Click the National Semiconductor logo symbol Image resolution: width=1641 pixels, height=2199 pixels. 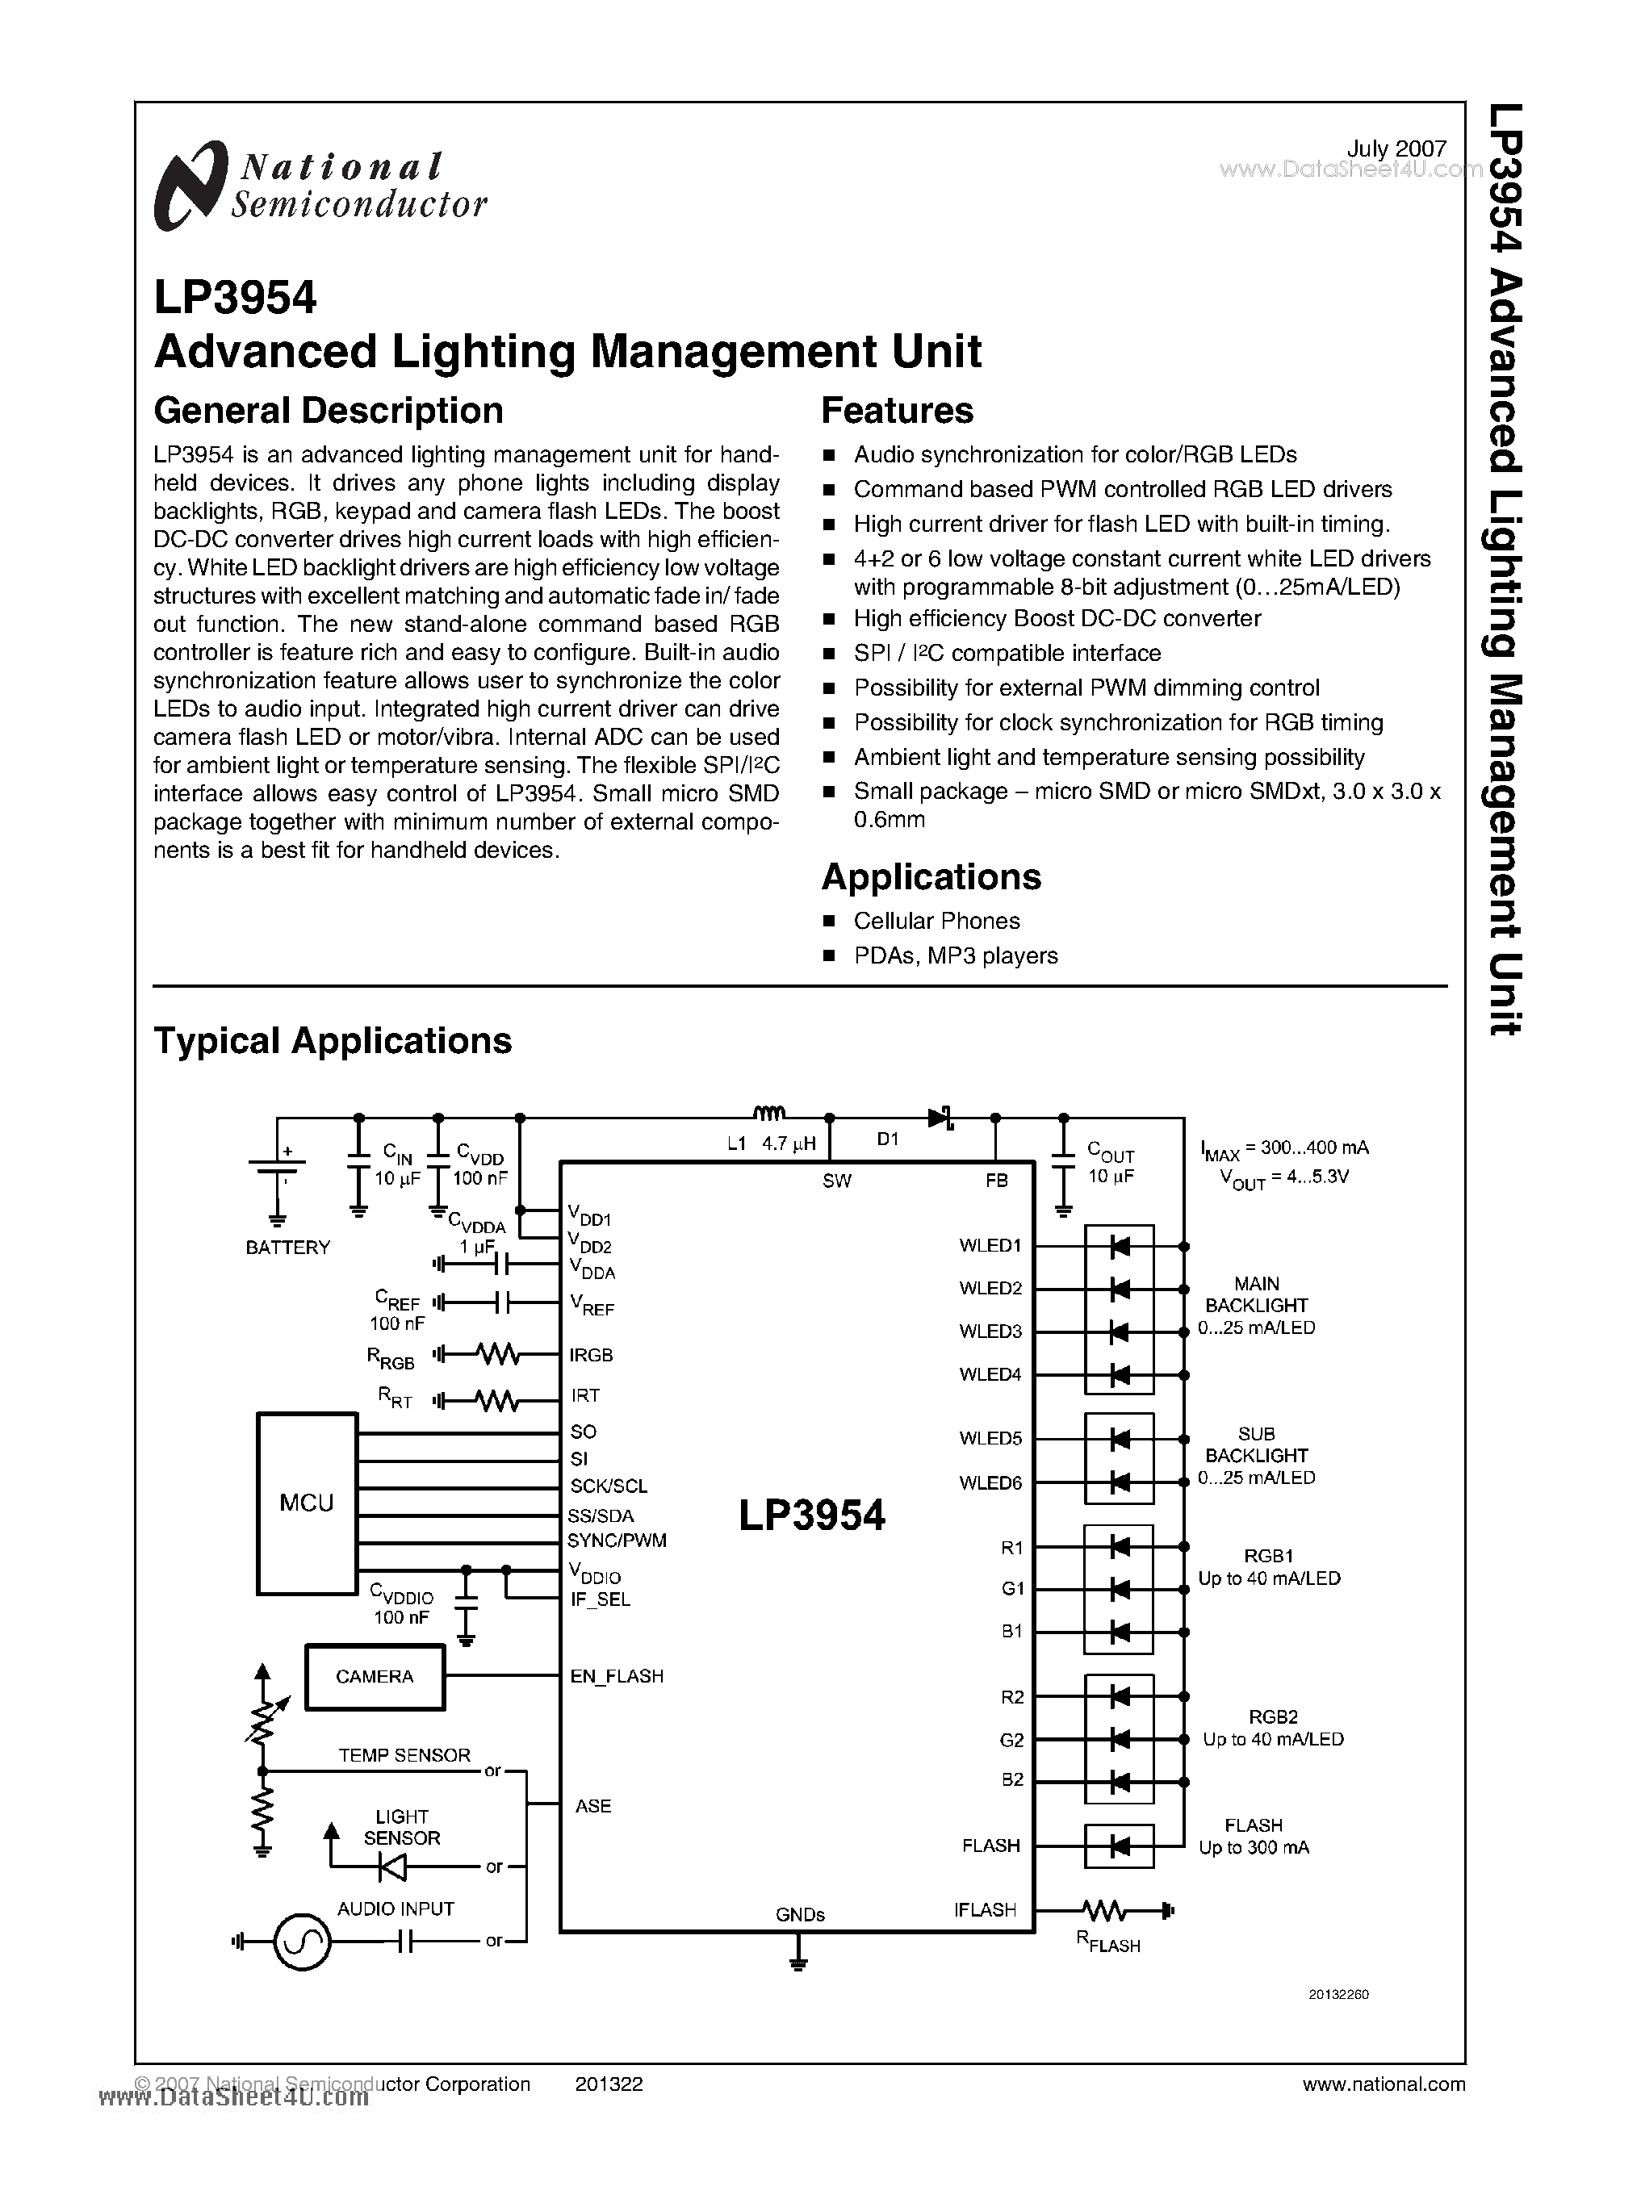pos(188,186)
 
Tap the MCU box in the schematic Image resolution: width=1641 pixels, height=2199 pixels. pos(307,1503)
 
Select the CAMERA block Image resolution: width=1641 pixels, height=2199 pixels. pos(375,1677)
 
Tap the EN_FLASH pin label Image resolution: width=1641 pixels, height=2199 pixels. pos(616,1677)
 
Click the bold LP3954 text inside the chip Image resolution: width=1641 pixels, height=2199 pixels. pos(811,1515)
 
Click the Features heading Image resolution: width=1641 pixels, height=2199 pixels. pos(897,410)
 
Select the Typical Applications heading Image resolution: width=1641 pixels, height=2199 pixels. pos(333,1041)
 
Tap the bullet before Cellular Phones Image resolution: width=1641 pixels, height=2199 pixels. pos(831,922)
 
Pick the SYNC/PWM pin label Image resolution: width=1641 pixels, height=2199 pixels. pos(617,1541)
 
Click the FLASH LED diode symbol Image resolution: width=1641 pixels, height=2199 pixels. pos(1120,1846)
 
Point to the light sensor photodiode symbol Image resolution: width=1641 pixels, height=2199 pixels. pos(391,1867)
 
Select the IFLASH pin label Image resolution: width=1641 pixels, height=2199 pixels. pos(985,1910)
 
